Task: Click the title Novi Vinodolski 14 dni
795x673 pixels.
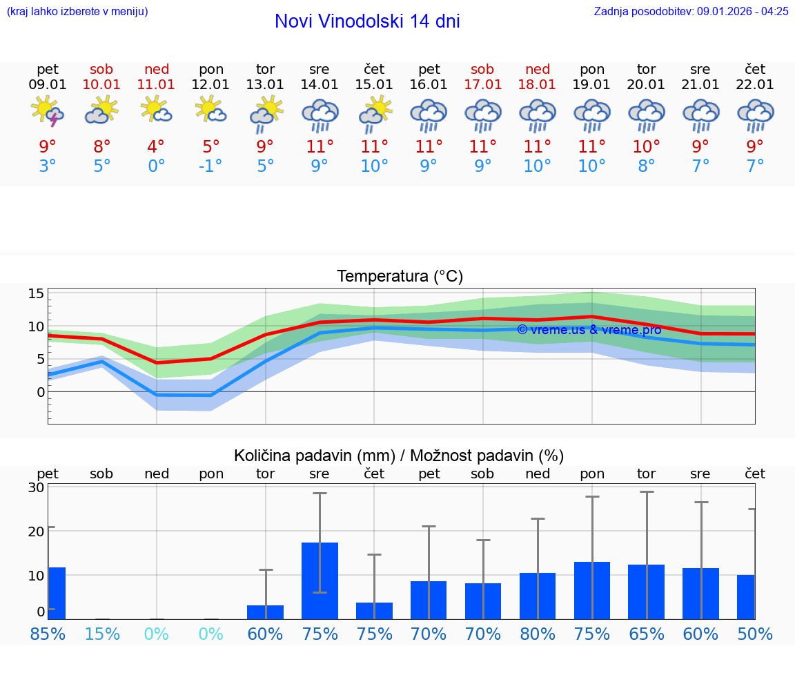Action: click(x=367, y=21)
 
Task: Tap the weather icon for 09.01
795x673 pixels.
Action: click(x=48, y=112)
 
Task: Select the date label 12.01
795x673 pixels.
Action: click(x=210, y=84)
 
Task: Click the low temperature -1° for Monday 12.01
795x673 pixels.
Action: click(x=210, y=166)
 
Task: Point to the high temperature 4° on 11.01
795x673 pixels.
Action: click(x=156, y=146)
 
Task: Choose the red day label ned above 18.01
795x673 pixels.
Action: click(x=538, y=69)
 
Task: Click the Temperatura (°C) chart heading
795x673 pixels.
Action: click(x=400, y=277)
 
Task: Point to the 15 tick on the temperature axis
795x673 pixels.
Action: click(x=36, y=294)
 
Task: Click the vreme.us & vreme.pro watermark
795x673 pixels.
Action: click(x=589, y=330)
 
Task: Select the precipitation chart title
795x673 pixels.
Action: click(x=399, y=456)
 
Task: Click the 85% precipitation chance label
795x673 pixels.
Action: click(x=48, y=634)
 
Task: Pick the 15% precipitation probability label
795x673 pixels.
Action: click(x=101, y=634)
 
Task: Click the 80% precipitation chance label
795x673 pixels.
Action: click(x=538, y=634)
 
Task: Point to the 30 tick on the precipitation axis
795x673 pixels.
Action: click(x=36, y=487)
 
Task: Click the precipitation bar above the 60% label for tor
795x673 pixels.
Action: click(x=266, y=612)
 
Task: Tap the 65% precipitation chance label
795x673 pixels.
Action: click(x=647, y=634)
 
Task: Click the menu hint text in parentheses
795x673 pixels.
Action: click(x=77, y=11)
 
